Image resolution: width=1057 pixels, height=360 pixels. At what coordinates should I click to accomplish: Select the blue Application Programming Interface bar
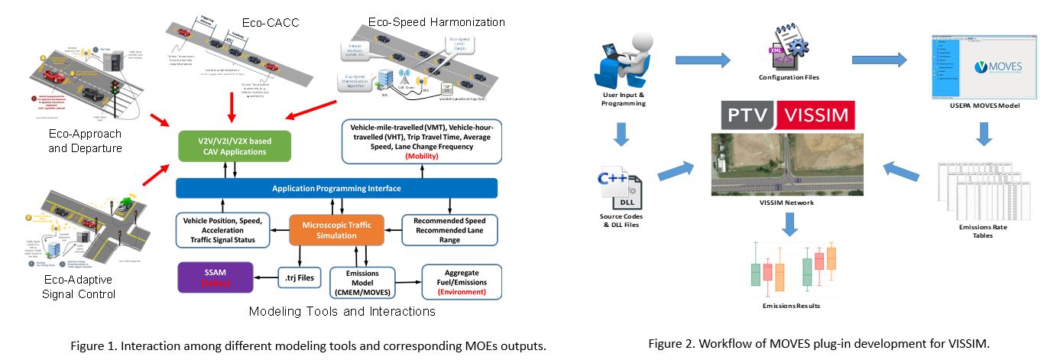tap(336, 188)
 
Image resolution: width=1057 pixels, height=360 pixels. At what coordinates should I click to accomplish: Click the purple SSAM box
tap(216, 278)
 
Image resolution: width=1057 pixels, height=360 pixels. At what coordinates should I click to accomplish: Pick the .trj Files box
tap(299, 278)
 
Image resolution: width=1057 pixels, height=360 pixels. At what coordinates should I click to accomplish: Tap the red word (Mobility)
tap(422, 155)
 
